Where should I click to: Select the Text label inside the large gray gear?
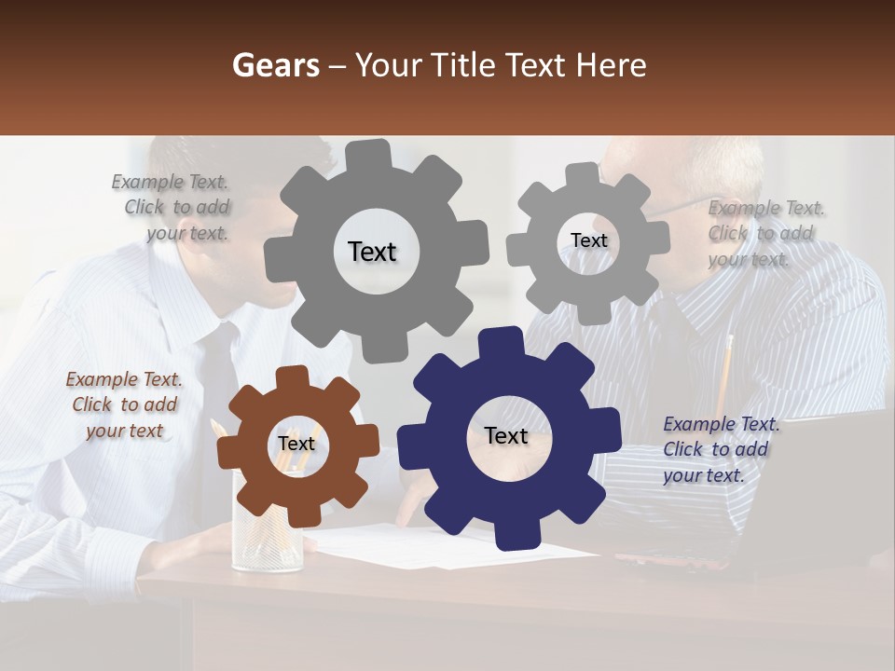tap(372, 252)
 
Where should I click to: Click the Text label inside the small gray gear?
tap(588, 240)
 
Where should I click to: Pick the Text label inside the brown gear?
tap(296, 444)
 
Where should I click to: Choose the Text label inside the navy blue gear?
tap(506, 435)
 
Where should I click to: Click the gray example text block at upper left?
tap(173, 207)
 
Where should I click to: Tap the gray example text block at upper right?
tap(764, 233)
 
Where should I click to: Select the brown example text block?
tap(124, 404)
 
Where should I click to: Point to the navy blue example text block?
tap(719, 449)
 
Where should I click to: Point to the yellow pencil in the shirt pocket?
tap(724, 373)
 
